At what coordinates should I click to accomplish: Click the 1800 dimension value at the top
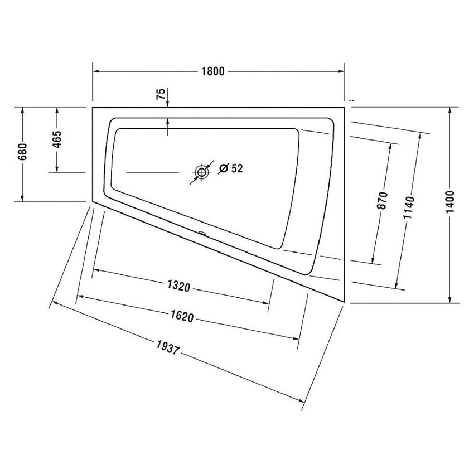(x=213, y=71)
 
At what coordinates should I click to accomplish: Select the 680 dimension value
(x=22, y=151)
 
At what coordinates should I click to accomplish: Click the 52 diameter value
(x=237, y=168)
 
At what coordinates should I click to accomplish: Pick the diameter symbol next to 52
(x=223, y=168)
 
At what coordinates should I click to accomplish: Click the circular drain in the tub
(x=201, y=172)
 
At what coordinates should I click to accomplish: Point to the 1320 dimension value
(x=179, y=287)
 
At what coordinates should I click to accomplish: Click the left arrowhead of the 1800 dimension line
(x=95, y=71)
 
